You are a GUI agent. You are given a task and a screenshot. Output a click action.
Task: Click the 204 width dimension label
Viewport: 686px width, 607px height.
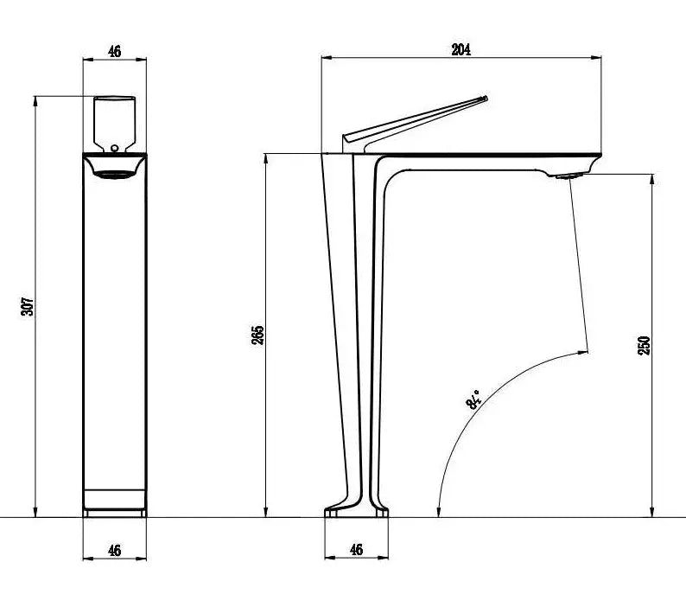pyautogui.click(x=461, y=50)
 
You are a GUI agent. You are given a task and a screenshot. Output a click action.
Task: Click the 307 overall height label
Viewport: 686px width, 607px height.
pyautogui.click(x=28, y=305)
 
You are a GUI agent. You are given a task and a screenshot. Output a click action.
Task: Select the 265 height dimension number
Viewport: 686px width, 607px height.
pyautogui.click(x=257, y=335)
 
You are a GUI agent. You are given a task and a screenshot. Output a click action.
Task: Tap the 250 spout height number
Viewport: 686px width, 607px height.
pyautogui.click(x=644, y=346)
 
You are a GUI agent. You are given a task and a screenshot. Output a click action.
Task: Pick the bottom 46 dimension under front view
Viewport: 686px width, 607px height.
pyautogui.click(x=115, y=550)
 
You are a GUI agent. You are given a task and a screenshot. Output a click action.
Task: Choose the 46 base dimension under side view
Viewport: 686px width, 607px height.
pyautogui.click(x=356, y=550)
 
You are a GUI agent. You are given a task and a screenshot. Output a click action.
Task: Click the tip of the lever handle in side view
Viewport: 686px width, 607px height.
pyautogui.click(x=484, y=99)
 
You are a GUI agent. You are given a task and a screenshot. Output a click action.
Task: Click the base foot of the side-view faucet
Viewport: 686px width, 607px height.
pyautogui.click(x=357, y=513)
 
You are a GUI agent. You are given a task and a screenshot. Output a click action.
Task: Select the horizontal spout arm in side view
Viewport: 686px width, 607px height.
pyautogui.click(x=484, y=161)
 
